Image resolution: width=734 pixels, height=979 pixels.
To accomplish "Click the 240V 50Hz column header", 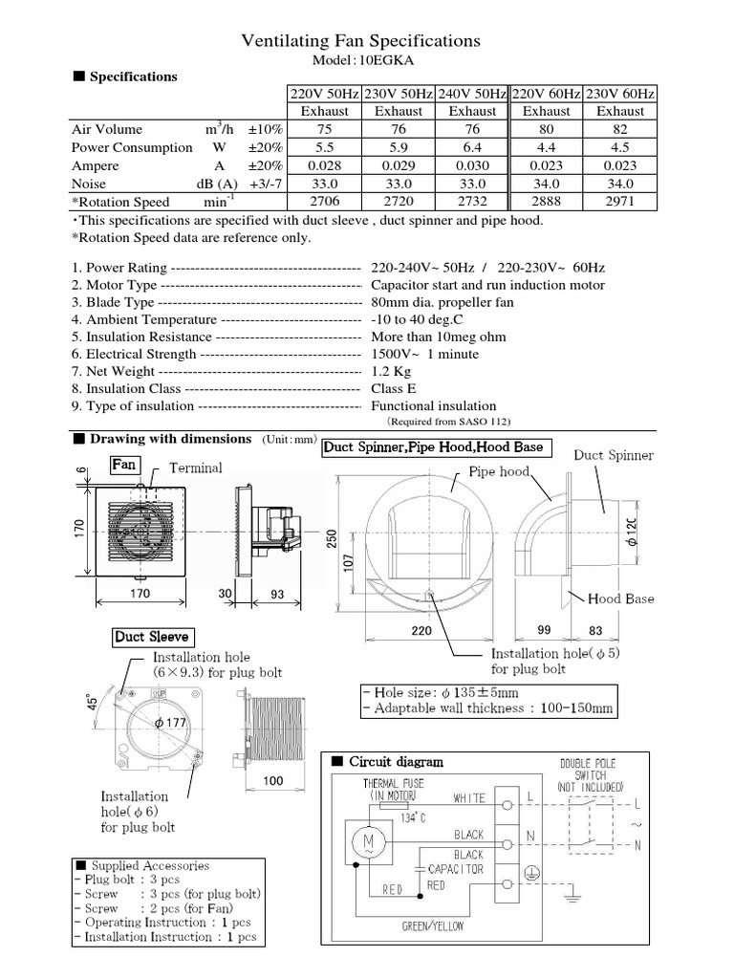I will (472, 94).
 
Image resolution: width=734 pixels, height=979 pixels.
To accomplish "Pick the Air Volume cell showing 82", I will (619, 130).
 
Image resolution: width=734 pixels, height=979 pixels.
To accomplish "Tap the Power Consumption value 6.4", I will (472, 148).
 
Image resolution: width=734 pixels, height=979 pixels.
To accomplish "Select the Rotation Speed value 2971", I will (619, 202).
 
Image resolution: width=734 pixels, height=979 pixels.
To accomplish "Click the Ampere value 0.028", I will (325, 165).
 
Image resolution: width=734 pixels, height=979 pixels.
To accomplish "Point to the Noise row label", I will (89, 184).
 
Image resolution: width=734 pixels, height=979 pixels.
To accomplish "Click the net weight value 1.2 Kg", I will (391, 372).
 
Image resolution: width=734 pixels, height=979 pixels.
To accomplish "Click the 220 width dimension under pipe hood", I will (421, 632).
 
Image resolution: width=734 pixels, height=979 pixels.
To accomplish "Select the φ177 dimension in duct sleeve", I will (171, 723).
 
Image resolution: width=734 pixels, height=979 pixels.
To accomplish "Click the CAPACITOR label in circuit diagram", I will (458, 869).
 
